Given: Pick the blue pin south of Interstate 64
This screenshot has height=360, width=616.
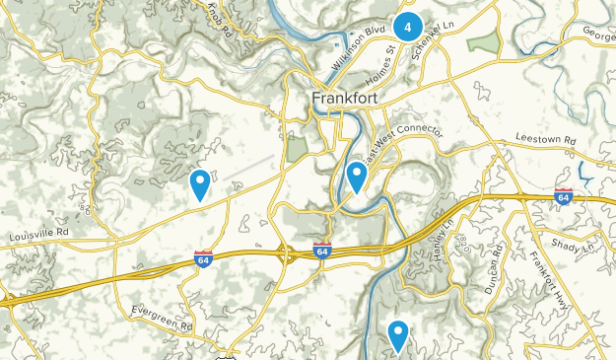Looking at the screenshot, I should (398, 336).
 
